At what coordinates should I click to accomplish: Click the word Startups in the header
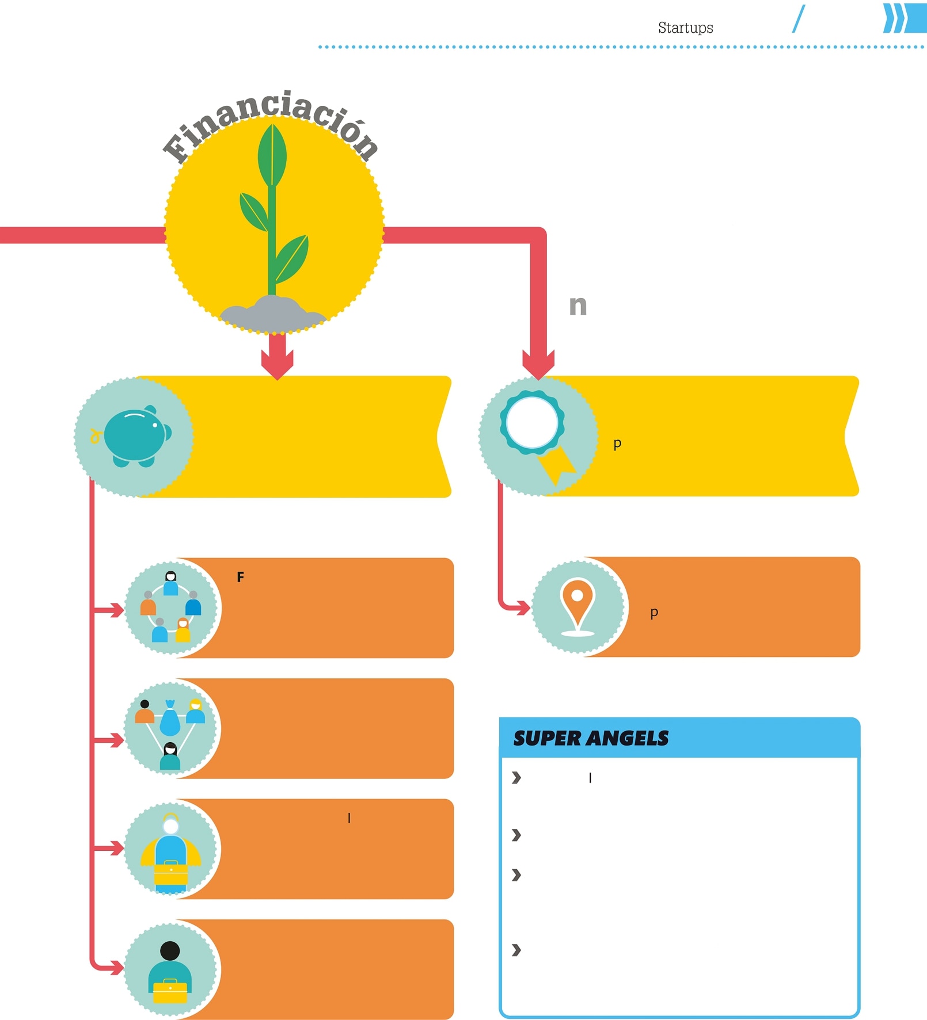pyautogui.click(x=685, y=28)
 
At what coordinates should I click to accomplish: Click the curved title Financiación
pyautogui.click(x=271, y=124)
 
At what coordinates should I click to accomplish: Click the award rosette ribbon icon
pyautogui.click(x=537, y=434)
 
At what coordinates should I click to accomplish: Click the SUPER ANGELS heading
pyautogui.click(x=591, y=738)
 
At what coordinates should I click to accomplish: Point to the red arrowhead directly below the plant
pyautogui.click(x=277, y=365)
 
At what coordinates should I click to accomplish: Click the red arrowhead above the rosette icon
pyautogui.click(x=538, y=365)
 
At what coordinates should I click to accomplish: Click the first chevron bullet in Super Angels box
pyautogui.click(x=516, y=778)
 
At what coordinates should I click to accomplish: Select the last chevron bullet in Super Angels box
pyautogui.click(x=516, y=950)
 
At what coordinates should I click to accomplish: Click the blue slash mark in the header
pyautogui.click(x=799, y=19)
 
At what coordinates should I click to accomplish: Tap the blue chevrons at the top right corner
pyautogui.click(x=904, y=18)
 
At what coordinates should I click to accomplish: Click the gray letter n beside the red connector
pyautogui.click(x=578, y=305)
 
